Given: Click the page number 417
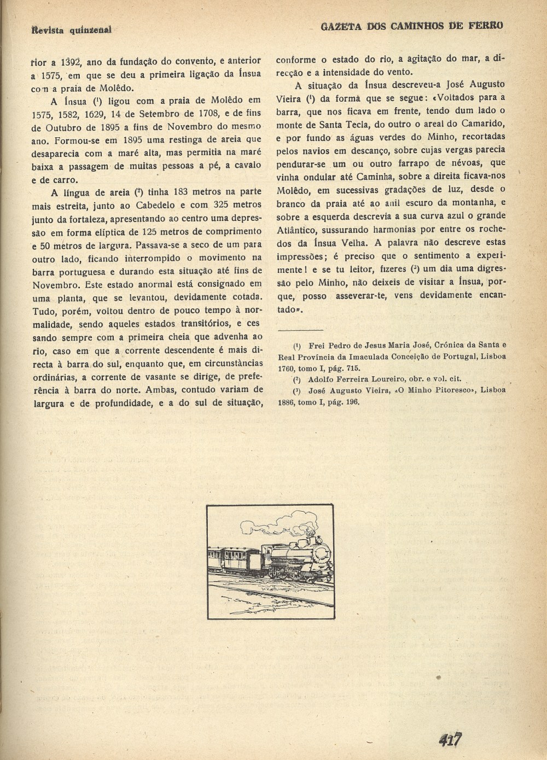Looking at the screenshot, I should point(450,740).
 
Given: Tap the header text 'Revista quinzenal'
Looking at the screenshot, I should point(71,29).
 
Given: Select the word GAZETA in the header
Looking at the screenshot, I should point(328,26).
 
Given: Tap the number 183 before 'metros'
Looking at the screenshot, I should point(183,191).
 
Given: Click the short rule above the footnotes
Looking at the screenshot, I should point(300,330).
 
